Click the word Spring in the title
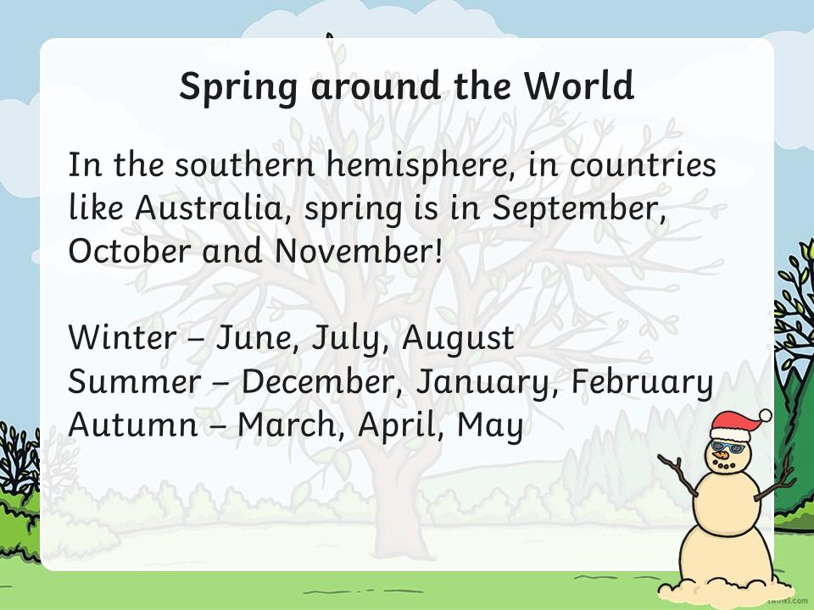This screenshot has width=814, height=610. click(238, 87)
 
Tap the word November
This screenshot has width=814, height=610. click(359, 251)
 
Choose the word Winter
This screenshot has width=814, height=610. click(122, 337)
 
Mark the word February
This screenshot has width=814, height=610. click(643, 383)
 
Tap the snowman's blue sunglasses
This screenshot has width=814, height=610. click(728, 446)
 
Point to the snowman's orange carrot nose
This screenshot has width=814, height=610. click(720, 456)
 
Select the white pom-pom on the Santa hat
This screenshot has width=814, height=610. click(765, 415)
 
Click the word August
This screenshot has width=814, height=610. click(458, 339)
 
